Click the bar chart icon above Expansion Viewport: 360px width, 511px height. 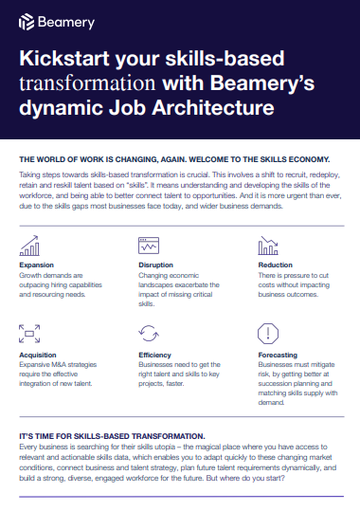pyautogui.click(x=29, y=247)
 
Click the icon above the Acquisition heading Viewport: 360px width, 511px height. pyautogui.click(x=29, y=334)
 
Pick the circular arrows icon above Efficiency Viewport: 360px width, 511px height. pyautogui.click(x=149, y=334)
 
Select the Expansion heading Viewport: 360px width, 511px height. pyautogui.click(x=37, y=266)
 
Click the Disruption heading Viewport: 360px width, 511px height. pyautogui.click(x=155, y=266)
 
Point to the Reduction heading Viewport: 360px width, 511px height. pyautogui.click(x=276, y=266)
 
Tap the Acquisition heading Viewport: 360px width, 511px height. pyautogui.click(x=38, y=353)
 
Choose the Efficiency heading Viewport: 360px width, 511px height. pyautogui.click(x=155, y=353)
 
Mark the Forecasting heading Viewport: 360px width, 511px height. pyautogui.click(x=279, y=353)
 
